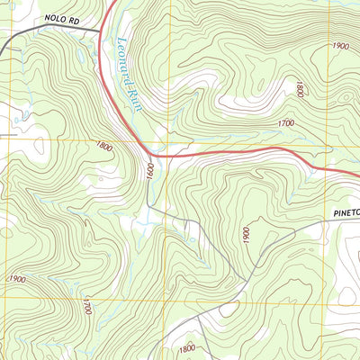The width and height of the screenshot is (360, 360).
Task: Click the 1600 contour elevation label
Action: (x=150, y=168)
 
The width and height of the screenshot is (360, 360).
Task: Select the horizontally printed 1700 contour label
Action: (x=286, y=122)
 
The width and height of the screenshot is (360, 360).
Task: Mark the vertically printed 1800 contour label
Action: (x=299, y=88)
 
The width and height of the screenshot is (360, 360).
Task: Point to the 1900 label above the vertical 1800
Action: (x=339, y=45)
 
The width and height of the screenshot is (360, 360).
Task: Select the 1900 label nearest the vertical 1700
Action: (x=16, y=279)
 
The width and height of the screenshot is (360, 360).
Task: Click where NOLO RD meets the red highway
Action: (x=100, y=33)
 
